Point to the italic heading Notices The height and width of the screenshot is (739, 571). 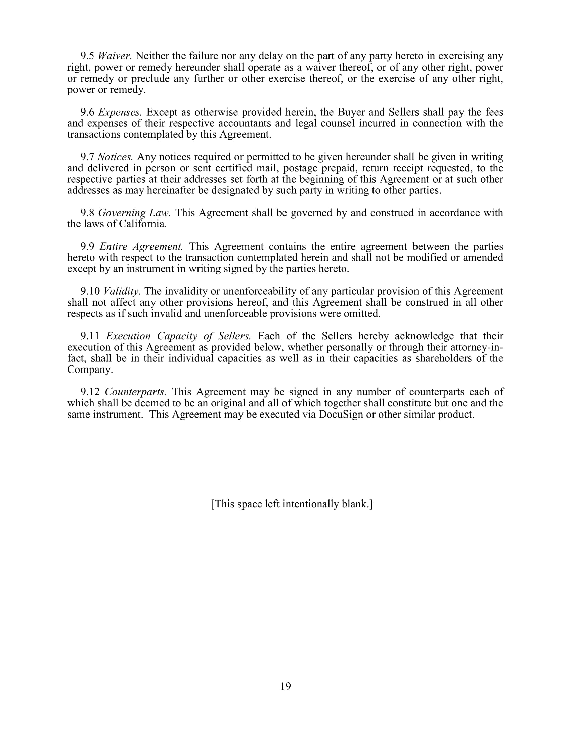(x=115, y=157)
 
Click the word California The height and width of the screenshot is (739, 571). (x=142, y=224)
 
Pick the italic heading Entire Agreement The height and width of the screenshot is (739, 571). (x=141, y=247)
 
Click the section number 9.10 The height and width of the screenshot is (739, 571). (x=90, y=291)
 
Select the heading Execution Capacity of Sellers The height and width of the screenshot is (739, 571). (x=178, y=336)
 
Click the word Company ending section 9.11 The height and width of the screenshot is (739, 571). (x=90, y=370)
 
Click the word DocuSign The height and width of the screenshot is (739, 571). (x=341, y=415)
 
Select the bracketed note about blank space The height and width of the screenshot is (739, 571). (x=292, y=504)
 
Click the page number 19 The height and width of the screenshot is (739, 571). (x=285, y=686)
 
